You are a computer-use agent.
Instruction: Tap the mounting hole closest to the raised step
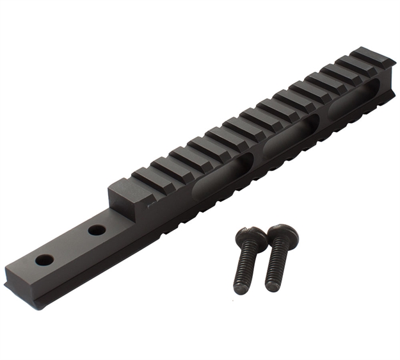(97, 229)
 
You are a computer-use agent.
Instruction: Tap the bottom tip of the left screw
(241, 292)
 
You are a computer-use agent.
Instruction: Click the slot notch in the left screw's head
(250, 231)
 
